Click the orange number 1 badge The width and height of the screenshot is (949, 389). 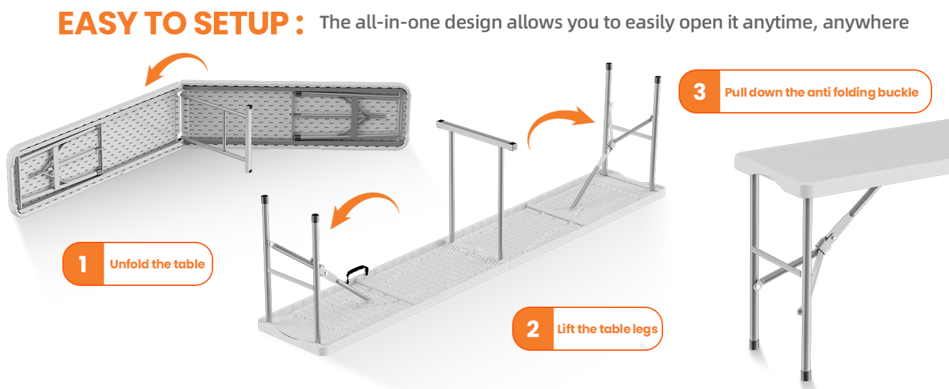click(x=83, y=264)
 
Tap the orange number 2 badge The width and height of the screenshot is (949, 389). click(x=533, y=329)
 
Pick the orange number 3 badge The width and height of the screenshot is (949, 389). click(x=699, y=91)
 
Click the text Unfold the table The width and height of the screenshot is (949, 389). click(x=157, y=264)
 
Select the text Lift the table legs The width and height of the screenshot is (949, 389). click(x=607, y=329)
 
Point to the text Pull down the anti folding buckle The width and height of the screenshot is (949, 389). click(x=821, y=92)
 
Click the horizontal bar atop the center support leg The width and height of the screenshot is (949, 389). click(x=476, y=135)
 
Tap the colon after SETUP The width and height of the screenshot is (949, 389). click(x=299, y=24)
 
